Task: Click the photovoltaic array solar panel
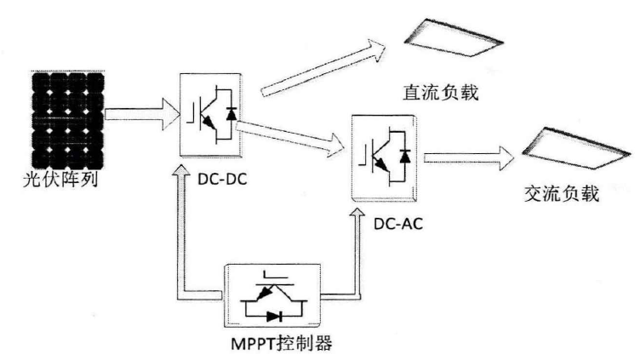(65, 121)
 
